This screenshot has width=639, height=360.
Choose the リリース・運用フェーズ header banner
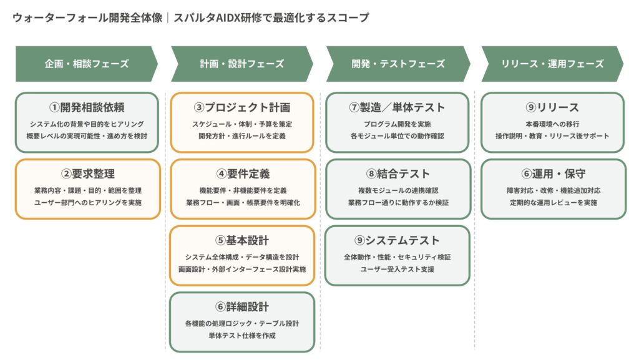(x=552, y=64)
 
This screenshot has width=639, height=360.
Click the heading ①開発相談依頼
(x=87, y=107)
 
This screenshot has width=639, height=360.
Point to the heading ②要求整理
(x=87, y=173)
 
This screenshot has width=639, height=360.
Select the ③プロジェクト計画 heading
(x=242, y=107)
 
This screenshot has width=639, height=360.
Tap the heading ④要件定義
(x=242, y=173)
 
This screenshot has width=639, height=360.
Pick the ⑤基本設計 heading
(x=242, y=240)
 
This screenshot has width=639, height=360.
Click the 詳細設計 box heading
(x=242, y=306)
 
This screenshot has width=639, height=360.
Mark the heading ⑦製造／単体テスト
(x=398, y=107)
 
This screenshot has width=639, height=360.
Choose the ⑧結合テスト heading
(x=398, y=173)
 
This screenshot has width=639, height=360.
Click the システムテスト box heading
(x=398, y=240)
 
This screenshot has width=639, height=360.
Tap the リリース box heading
(x=552, y=107)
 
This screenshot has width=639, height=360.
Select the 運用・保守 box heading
(x=552, y=173)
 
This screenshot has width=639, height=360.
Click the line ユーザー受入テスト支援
(x=398, y=269)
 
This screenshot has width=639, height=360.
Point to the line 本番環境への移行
(x=552, y=124)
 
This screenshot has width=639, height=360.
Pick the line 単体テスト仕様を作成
(x=242, y=335)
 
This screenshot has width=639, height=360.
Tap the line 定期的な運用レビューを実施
(x=552, y=202)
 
